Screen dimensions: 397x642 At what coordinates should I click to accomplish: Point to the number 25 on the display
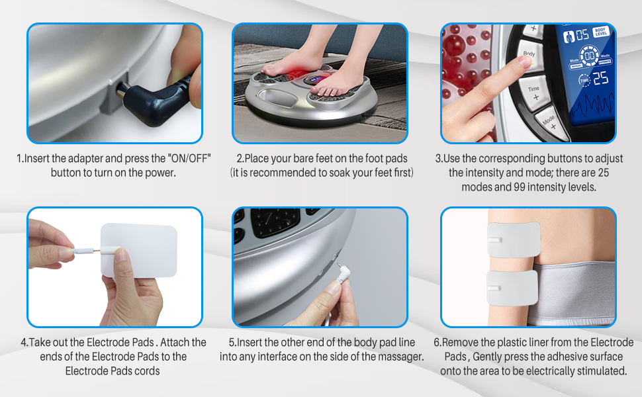pos(600,79)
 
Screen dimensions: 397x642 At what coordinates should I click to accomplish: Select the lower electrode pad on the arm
pos(514,285)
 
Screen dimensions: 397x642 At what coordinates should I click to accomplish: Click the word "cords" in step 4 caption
pos(146,371)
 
